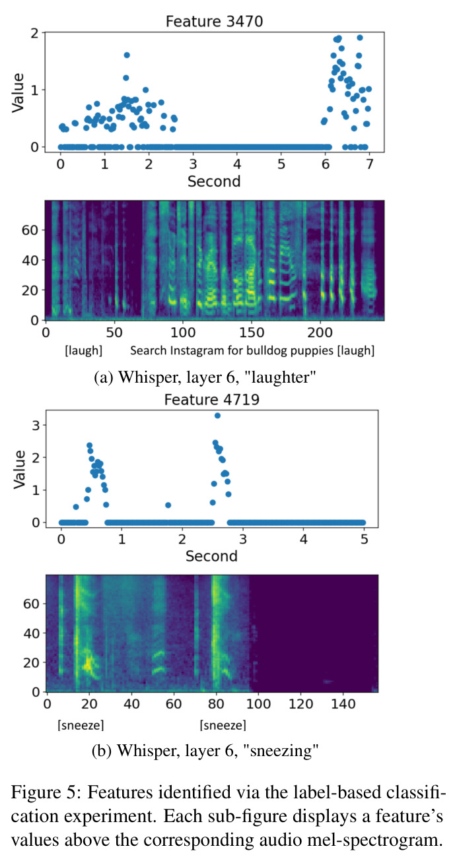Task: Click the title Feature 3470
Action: [x=214, y=21]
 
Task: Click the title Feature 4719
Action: [x=212, y=400]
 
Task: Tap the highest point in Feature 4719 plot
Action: [x=217, y=416]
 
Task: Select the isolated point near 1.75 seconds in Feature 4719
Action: [x=168, y=505]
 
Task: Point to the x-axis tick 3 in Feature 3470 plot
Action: [x=193, y=164]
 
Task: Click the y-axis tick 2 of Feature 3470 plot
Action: [x=35, y=34]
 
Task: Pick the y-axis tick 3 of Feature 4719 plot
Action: [x=36, y=426]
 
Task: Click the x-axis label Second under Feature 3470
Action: [x=214, y=181]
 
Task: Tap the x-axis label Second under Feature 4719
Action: [x=211, y=556]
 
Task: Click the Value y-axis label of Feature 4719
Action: [x=19, y=470]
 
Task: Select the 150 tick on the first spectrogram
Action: [x=252, y=333]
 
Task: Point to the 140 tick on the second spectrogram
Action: [x=343, y=704]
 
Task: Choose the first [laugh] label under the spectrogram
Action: [x=83, y=351]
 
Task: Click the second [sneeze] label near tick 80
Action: [x=223, y=725]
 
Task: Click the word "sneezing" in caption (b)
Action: [x=282, y=750]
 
